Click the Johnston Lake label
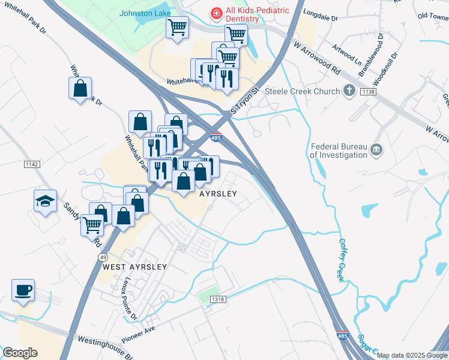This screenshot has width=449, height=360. coord(145,13)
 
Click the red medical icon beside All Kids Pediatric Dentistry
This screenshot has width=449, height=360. coord(214,12)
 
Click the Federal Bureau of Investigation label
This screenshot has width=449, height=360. coord(339,150)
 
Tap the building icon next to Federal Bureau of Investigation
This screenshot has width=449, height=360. coord(376,149)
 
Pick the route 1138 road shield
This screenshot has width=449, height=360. coord(368,91)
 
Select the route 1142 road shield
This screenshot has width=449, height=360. coord(32,164)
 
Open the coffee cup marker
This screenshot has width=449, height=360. coord(23,290)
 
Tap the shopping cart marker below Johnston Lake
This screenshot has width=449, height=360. coord(177,28)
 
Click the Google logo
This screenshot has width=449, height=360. coord(20,352)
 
